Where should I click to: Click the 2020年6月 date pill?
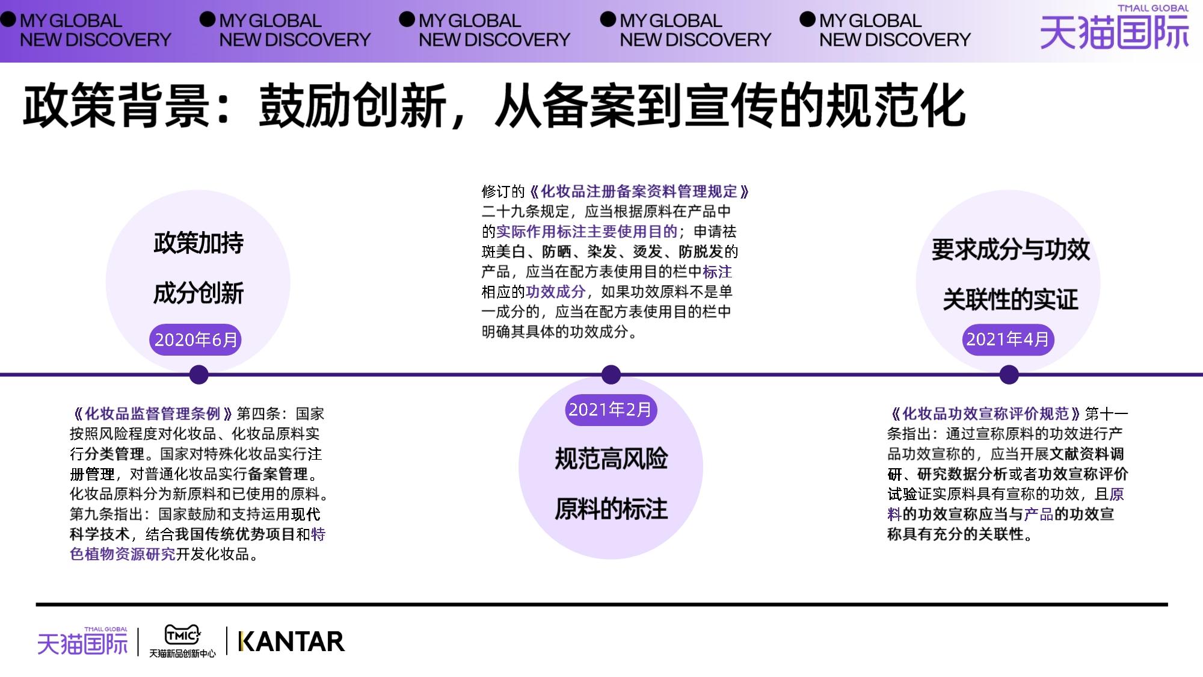(x=195, y=340)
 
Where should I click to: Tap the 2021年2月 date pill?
(x=610, y=410)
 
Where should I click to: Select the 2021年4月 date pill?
(x=1008, y=339)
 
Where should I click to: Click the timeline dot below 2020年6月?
(x=198, y=374)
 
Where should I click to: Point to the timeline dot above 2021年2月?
(x=611, y=374)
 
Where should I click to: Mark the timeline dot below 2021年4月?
(x=1009, y=374)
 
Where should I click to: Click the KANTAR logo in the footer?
(x=292, y=641)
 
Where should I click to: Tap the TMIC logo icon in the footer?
(x=182, y=634)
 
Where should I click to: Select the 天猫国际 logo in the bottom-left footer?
(x=82, y=641)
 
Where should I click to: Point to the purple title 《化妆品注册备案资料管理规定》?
(x=639, y=192)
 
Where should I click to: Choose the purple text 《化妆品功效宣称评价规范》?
(x=985, y=414)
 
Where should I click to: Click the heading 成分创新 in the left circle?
(x=198, y=294)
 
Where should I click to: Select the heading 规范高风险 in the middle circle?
(x=611, y=459)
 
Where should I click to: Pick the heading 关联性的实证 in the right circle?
(x=1011, y=300)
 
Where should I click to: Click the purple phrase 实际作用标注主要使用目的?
(x=586, y=232)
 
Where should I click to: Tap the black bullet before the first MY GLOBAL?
(x=8, y=20)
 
